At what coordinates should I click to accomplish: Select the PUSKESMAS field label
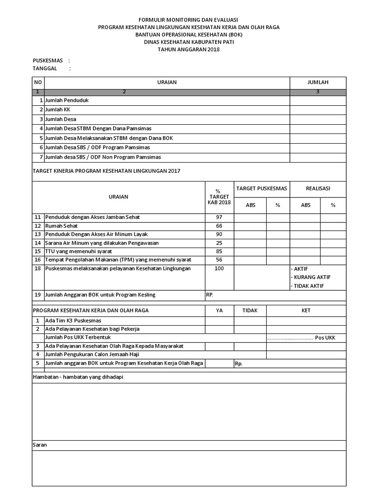click(48, 61)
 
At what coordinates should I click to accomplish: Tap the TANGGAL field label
click(45, 68)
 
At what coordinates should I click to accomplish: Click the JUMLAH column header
click(318, 83)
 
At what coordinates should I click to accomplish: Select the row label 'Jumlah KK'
click(57, 110)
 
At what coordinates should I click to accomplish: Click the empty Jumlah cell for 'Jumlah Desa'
click(318, 119)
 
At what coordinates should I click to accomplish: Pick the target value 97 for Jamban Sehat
click(219, 217)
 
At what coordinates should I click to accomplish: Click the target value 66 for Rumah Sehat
click(219, 226)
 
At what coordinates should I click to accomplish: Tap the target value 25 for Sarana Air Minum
click(219, 243)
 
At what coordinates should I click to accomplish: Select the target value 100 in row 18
click(219, 268)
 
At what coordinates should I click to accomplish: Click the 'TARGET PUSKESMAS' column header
click(262, 188)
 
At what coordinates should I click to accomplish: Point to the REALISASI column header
click(318, 188)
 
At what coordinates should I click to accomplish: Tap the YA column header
click(219, 310)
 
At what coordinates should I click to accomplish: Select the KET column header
click(306, 310)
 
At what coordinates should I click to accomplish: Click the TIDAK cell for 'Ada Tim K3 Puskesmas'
click(250, 320)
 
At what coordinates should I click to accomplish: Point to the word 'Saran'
click(40, 445)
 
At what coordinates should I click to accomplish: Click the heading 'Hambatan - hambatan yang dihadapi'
click(78, 377)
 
